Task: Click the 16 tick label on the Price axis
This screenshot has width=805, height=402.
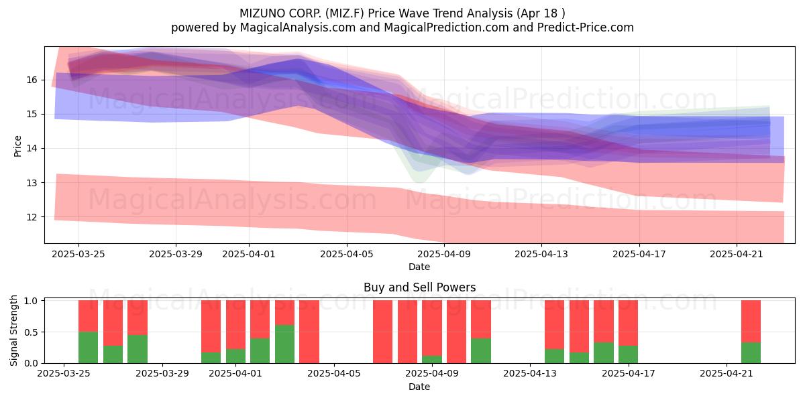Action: tap(32, 80)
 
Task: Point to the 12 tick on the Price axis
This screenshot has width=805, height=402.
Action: tap(32, 217)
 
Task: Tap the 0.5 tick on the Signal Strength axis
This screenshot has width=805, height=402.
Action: tap(31, 332)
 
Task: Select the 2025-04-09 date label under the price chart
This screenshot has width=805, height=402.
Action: tap(444, 254)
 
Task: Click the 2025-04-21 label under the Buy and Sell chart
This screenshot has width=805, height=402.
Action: tap(727, 374)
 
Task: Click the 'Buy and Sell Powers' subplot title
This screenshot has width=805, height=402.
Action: tap(419, 287)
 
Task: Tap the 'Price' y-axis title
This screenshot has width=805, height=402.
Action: tap(17, 146)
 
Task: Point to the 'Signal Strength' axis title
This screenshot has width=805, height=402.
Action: tap(13, 330)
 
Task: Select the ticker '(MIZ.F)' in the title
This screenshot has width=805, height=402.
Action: tap(345, 13)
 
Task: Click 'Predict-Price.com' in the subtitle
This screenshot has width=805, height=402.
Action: tap(586, 27)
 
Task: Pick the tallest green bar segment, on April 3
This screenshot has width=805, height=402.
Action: tap(284, 344)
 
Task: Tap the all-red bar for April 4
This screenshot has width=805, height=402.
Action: tap(309, 332)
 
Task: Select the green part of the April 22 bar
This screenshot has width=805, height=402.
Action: tap(751, 353)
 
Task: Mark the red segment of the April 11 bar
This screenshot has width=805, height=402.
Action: tap(481, 320)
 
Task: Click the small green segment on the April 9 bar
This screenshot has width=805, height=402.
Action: tap(432, 359)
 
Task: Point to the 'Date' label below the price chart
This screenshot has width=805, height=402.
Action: tap(419, 267)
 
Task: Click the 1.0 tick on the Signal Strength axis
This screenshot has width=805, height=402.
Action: tap(31, 301)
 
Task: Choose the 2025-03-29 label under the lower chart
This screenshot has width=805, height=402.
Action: tap(162, 374)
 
